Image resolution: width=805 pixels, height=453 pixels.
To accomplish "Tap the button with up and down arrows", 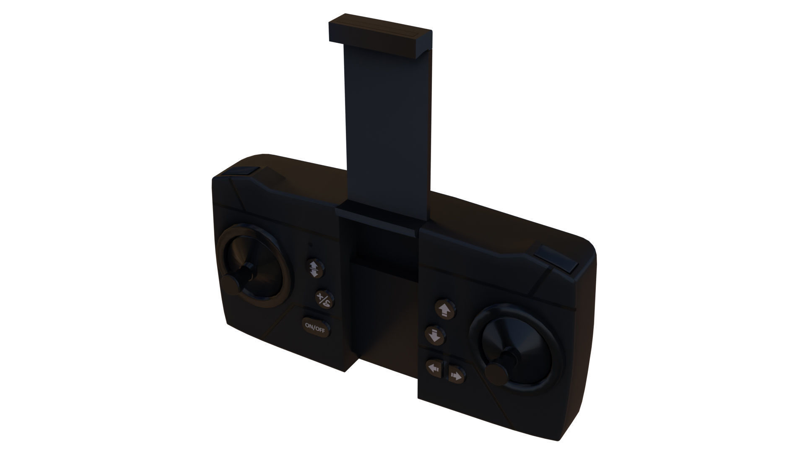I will (313, 268).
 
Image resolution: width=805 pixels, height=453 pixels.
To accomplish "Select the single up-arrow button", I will (444, 310).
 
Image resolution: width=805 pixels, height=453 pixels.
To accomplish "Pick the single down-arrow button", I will (435, 336).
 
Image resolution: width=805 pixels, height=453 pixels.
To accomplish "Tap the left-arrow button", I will (433, 368).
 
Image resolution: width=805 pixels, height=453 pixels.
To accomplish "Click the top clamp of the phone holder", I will (379, 37).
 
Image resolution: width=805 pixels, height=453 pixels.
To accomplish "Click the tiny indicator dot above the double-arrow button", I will (310, 245).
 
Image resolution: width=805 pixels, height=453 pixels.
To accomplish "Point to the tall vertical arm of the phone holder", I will (386, 126).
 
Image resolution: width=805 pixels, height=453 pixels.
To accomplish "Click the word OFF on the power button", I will (320, 328).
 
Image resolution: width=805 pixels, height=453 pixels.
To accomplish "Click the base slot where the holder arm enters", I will (379, 218).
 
